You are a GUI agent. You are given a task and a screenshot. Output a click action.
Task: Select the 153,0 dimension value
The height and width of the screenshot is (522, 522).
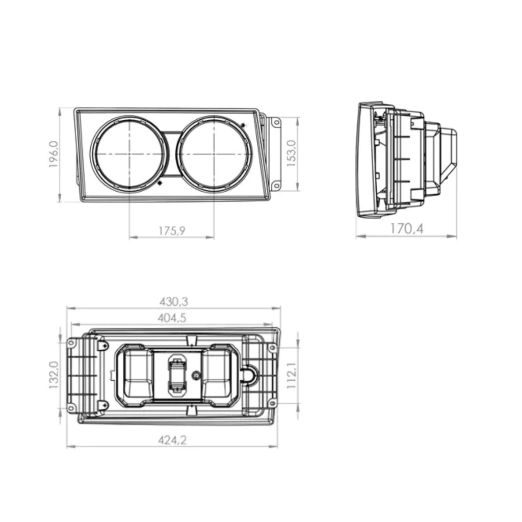tap(291, 153)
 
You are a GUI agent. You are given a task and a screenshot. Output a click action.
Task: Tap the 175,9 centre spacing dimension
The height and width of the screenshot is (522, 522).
tap(171, 231)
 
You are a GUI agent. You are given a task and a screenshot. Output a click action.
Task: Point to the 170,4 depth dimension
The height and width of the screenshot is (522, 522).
tap(406, 229)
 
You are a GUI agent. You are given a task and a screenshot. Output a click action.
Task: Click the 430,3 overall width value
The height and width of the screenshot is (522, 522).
tap(173, 302)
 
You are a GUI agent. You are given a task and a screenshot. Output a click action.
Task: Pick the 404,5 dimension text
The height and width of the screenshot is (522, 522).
tap(172, 318)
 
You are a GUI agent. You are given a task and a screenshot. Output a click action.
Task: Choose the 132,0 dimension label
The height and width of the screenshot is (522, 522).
tap(54, 375)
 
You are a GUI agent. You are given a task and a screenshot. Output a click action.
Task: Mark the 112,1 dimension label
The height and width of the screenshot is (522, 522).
tap(292, 375)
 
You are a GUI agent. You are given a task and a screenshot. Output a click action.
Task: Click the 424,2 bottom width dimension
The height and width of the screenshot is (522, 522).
tap(172, 440)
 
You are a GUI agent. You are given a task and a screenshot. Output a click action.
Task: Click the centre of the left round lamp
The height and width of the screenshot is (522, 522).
tap(129, 154)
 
